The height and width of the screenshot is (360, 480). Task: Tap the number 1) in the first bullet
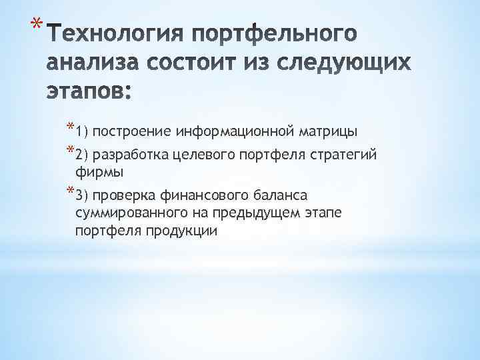[x=83, y=131]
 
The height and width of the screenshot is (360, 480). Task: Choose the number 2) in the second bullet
[x=83, y=156]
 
